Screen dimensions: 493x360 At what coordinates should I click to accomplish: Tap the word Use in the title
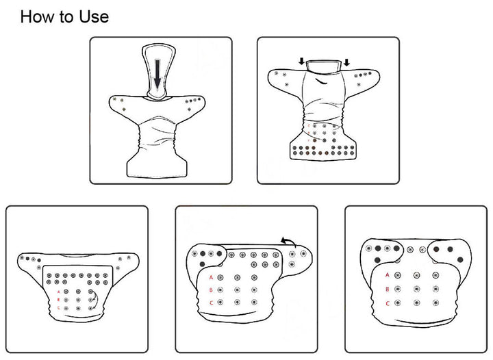[94, 16]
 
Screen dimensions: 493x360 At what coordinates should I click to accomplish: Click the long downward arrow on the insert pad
[157, 74]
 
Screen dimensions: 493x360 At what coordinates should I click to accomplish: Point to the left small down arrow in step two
[302, 62]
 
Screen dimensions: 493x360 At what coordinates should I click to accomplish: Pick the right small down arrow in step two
[346, 62]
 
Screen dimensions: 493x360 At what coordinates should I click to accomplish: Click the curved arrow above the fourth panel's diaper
[288, 242]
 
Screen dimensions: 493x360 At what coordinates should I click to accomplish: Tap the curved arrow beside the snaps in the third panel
[95, 299]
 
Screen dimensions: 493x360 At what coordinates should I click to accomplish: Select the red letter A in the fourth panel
[211, 278]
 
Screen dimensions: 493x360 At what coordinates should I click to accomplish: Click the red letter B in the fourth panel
[211, 290]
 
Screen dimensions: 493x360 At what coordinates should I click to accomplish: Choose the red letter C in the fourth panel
[212, 303]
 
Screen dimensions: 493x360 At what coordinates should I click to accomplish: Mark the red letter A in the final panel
[388, 275]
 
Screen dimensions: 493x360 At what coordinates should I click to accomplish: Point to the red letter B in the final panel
[388, 289]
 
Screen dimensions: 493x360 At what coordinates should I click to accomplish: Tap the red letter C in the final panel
[388, 303]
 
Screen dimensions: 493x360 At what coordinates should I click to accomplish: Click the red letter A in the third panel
[58, 292]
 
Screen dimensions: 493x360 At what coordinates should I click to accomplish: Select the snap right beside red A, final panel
[398, 275]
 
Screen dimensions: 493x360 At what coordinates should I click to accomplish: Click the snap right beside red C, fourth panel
[220, 303]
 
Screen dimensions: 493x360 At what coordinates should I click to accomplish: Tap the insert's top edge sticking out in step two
[324, 66]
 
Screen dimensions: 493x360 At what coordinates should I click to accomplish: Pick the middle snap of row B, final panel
[416, 289]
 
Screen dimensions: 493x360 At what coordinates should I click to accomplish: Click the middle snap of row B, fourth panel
[237, 290]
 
